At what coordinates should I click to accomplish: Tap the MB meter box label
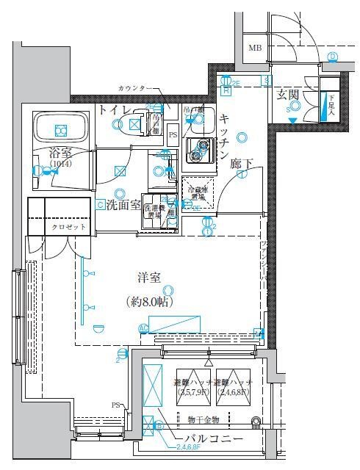[x=254, y=48]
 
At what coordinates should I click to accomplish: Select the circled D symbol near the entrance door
[x=332, y=57]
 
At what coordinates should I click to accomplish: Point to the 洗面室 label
[x=123, y=204]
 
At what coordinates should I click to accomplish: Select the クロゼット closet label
[x=69, y=228]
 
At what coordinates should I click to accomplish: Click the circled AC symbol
[x=143, y=328]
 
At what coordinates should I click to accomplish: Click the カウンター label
[x=135, y=89]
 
